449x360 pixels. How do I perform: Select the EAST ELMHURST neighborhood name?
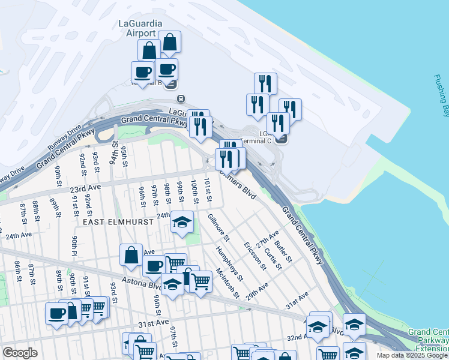pyautogui.click(x=118, y=222)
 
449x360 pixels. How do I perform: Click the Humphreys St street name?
pyautogui.click(x=229, y=265)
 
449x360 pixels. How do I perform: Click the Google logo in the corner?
pyautogui.click(x=20, y=352)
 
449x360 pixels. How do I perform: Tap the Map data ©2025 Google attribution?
pyautogui.click(x=412, y=355)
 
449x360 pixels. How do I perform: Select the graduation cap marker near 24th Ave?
pyautogui.click(x=182, y=223)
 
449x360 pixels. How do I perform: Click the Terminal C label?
pyautogui.click(x=256, y=140)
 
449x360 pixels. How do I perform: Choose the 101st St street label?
pyautogui.click(x=208, y=189)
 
